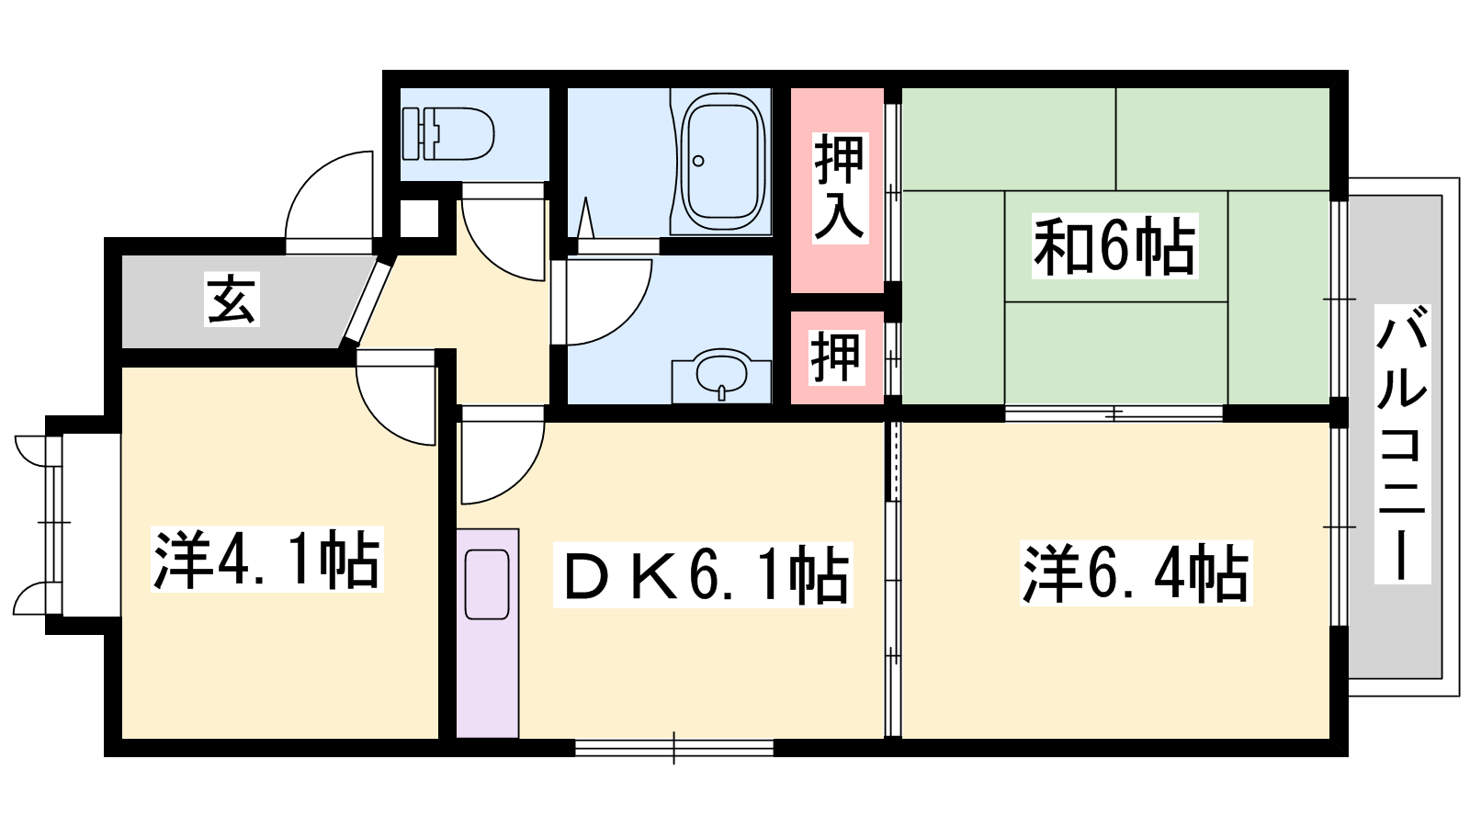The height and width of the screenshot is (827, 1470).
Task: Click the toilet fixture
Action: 448,134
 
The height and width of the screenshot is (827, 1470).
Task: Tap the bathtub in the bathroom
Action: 722,162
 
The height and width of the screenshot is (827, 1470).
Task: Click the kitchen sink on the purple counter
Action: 487,584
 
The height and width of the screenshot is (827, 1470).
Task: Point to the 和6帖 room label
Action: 1114,246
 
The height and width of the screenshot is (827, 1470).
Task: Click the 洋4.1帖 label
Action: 266,560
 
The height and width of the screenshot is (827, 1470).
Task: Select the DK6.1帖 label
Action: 703,575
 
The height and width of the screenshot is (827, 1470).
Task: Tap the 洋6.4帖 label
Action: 1136,573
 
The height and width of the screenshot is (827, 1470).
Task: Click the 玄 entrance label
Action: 232,300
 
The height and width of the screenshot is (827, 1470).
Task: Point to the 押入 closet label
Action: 840,188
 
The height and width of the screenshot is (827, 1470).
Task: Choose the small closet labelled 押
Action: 837,357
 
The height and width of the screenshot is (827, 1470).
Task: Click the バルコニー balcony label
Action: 1402,444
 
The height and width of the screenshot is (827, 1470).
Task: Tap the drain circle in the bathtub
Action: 698,161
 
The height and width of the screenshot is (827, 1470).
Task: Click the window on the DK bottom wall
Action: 674,748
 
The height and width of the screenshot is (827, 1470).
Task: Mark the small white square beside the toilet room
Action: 419,218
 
